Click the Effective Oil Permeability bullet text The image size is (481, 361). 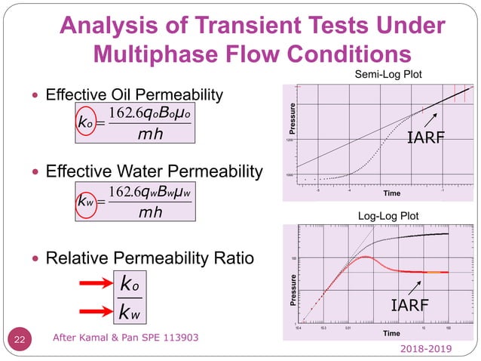coord(135,95)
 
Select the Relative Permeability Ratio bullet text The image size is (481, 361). coord(150,259)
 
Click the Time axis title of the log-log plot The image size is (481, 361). coord(391,332)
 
